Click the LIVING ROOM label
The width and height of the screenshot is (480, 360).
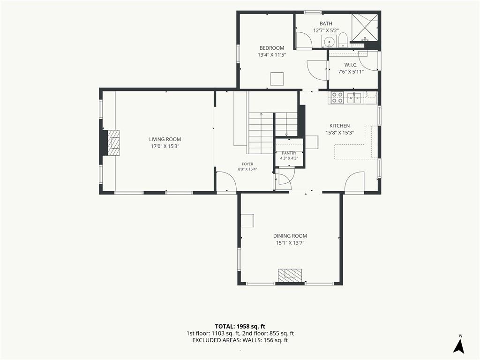pyautogui.click(x=165, y=139)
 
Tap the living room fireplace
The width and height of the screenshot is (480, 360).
pyautogui.click(x=111, y=143)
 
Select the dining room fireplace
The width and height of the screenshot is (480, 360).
pyautogui.click(x=290, y=275)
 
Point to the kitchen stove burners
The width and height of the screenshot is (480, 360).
pyautogui.click(x=337, y=97)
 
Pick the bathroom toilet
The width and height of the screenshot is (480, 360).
pyautogui.click(x=343, y=40)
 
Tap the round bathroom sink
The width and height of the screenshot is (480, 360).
pyautogui.click(x=329, y=41)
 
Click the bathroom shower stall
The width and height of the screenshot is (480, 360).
pyautogui.click(x=364, y=28)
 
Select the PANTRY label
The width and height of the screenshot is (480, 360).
pyautogui.click(x=289, y=153)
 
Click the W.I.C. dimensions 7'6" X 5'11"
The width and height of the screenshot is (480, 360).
pyautogui.click(x=351, y=72)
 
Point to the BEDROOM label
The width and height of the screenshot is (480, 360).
pyautogui.click(x=272, y=48)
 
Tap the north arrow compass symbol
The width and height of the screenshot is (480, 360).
pyautogui.click(x=459, y=344)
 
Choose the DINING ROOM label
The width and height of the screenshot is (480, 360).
pyautogui.click(x=290, y=236)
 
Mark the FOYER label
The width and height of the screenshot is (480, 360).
pyautogui.click(x=247, y=164)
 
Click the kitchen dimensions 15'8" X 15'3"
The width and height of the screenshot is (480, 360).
pyautogui.click(x=339, y=133)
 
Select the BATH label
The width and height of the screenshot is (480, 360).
pyautogui.click(x=326, y=23)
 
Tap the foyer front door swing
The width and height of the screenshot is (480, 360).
pyautogui.click(x=226, y=182)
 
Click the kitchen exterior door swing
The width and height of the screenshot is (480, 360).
pyautogui.click(x=354, y=183)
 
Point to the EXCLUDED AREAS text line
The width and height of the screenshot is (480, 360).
pyautogui.click(x=240, y=340)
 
